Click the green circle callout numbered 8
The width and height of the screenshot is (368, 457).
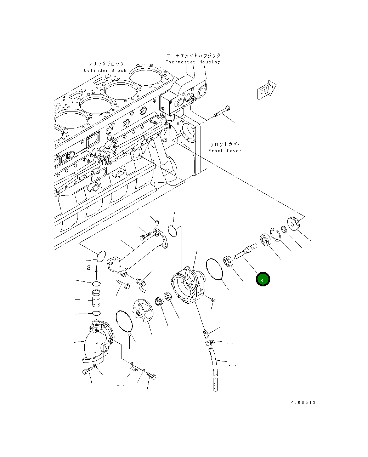(263, 279)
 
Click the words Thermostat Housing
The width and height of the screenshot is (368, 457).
(193, 62)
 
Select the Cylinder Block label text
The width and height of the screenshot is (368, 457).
(105, 70)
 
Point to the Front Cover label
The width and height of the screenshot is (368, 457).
(225, 151)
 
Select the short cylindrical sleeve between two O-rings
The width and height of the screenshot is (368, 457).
(96, 298)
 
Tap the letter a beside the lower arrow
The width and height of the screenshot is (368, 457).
(89, 268)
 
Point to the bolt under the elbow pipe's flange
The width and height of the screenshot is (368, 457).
(87, 371)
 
